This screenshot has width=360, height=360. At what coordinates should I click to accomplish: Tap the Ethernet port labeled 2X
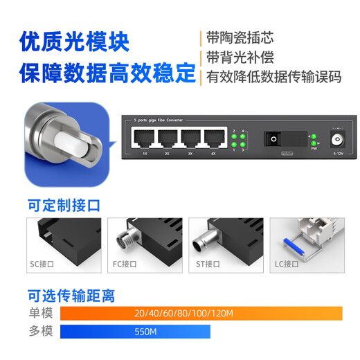166,138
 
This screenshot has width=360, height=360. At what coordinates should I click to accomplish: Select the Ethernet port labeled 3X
190,138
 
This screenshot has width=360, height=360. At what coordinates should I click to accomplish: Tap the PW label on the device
314,148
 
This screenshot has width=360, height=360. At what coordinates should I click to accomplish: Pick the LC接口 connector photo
301,243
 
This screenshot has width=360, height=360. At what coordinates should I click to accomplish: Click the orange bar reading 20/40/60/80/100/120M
201,314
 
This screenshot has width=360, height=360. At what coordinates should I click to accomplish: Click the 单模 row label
40,314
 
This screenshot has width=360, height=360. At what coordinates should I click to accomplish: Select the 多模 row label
40,332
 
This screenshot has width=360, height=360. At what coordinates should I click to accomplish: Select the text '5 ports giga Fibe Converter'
159,121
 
